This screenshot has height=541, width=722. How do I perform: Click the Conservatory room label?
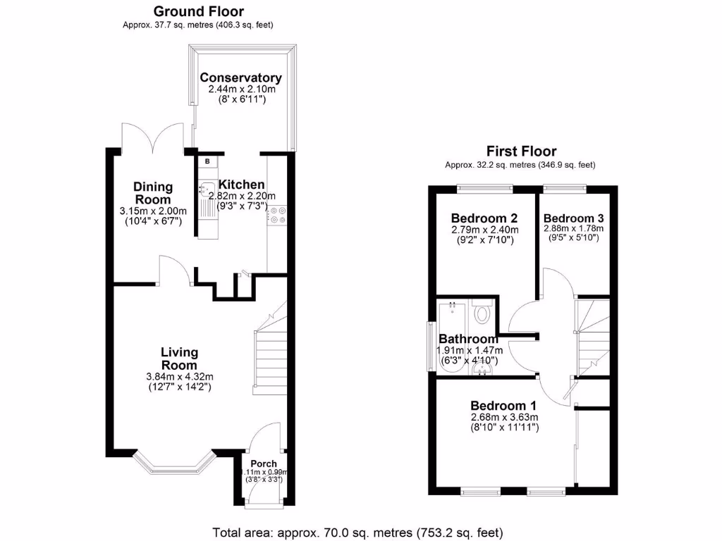240,78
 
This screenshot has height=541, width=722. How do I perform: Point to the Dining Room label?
153,193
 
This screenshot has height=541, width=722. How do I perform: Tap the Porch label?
264,464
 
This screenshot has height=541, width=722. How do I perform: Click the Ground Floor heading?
198,11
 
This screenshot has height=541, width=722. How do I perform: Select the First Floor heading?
521,151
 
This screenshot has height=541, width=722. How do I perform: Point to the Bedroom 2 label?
484,217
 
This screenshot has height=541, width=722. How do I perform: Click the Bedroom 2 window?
484,187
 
